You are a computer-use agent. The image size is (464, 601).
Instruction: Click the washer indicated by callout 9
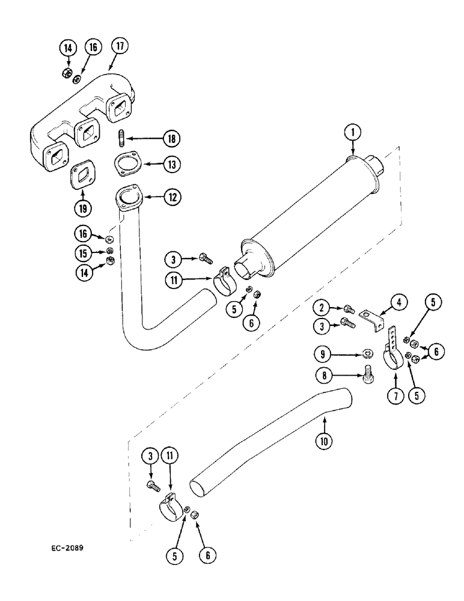(366, 353)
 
